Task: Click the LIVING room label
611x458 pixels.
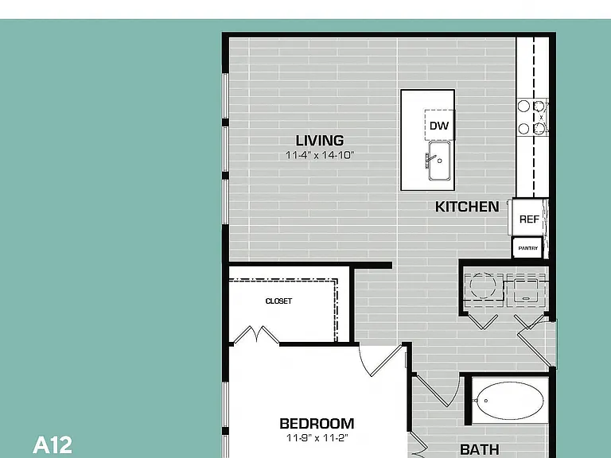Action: [320, 140]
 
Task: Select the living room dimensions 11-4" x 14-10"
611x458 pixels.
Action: [320, 155]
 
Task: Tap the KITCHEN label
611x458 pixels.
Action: [467, 207]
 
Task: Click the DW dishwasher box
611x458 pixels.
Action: [439, 126]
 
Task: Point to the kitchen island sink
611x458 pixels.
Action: [439, 161]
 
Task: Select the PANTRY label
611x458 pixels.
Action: [528, 248]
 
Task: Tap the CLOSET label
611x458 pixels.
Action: [278, 301]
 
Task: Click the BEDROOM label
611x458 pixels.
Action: [317, 423]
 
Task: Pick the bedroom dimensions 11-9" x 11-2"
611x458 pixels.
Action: [317, 438]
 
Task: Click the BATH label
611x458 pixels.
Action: [479, 449]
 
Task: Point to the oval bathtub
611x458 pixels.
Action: [508, 401]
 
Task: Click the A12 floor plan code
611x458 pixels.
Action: [53, 444]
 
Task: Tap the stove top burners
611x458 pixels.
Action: [532, 117]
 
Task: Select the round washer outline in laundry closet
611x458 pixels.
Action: [483, 285]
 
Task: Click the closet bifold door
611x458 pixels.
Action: [256, 335]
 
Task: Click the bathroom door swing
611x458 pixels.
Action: [438, 390]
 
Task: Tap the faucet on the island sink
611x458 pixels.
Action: [430, 160]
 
